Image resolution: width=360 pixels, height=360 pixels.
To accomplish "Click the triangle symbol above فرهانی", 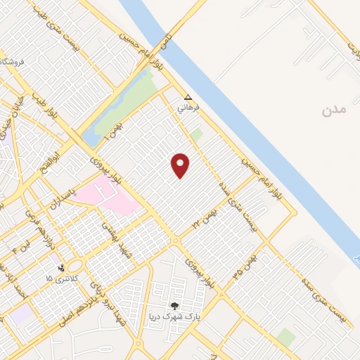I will pos(187,98).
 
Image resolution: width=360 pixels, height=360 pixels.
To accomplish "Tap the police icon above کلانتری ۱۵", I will pos(62,267).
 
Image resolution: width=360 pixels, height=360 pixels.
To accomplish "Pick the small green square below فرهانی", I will pos(196,134).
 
